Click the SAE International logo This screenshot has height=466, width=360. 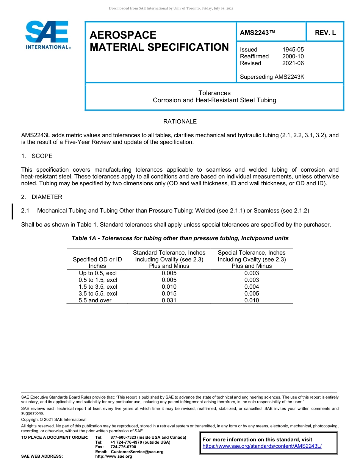coord(47,35)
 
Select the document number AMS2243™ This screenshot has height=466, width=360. coord(257,33)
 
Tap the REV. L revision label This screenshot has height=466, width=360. coord(325,33)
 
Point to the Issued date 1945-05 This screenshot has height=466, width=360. coord(293,50)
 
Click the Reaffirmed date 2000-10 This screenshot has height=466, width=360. coord(293,56)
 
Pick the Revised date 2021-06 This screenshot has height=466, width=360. coord(293,63)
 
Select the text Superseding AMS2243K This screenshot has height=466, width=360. coord(272,77)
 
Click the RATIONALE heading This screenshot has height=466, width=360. coord(180,122)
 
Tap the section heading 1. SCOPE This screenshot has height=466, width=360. coord(37,156)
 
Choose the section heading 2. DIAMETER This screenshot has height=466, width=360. coord(42,197)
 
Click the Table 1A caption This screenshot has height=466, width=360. coord(180,238)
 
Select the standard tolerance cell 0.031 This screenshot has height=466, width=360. coord(169,300)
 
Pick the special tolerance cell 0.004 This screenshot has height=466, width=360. coord(252,287)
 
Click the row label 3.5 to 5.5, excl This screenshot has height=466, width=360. coord(97,294)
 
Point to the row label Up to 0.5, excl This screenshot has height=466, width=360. coord(97,273)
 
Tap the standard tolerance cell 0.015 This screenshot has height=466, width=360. coord(169,294)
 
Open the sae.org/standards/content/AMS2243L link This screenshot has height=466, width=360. coord(262,446)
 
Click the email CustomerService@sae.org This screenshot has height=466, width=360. coord(137,452)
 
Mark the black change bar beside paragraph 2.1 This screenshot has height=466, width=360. coord(13,211)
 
